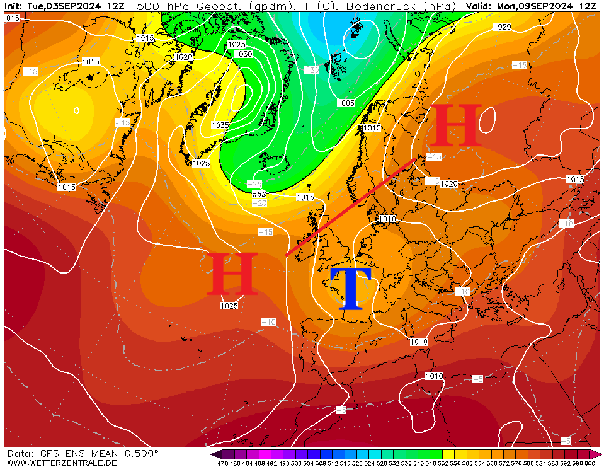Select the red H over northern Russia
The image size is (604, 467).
[455, 125]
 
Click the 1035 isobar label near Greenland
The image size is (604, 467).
[220, 125]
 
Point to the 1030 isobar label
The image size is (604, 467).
[243, 54]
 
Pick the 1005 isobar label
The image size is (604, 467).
[346, 103]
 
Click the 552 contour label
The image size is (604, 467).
[259, 194]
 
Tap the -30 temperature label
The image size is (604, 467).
[311, 70]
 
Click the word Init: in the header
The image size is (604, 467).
[13, 6]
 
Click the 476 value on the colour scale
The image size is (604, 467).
[222, 463]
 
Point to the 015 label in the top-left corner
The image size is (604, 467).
[13, 18]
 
